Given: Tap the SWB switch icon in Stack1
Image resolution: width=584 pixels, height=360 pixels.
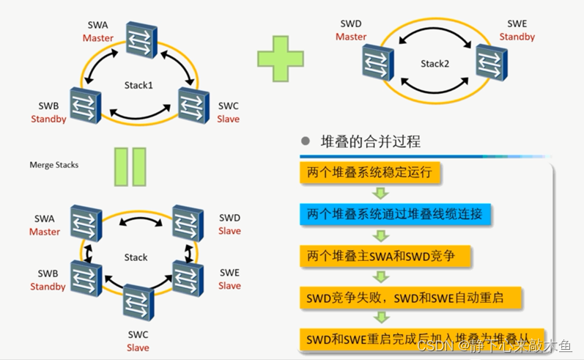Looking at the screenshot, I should tap(84, 104).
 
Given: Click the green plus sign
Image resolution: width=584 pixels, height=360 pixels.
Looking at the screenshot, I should tap(281, 56).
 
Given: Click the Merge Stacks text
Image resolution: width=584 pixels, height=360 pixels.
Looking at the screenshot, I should tap(54, 165).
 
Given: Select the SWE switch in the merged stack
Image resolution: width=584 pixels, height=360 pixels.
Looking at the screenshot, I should tap(188, 277).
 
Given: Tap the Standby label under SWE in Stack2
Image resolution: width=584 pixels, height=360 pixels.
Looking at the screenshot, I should tap(517, 37).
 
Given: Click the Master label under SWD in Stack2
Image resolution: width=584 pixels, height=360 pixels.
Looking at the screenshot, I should tap(351, 37).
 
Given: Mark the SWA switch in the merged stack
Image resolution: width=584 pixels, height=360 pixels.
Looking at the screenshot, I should tap(85, 221).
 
